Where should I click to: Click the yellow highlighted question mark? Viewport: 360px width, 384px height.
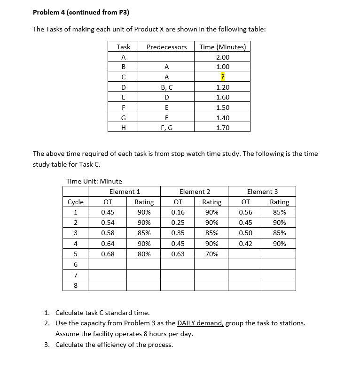223,77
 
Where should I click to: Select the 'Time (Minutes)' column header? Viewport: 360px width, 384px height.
222,47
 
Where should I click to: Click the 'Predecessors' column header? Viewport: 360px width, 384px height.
166,47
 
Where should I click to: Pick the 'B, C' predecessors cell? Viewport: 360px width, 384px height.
166,87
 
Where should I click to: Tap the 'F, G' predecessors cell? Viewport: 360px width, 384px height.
166,127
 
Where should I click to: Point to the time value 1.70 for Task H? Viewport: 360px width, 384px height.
223,127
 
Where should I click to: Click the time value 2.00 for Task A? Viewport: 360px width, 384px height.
223,57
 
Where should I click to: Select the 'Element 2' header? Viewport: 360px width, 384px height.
195,192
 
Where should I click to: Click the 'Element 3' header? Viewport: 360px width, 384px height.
262,192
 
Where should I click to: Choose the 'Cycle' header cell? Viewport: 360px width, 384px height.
76,202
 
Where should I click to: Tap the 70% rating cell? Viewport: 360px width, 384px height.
211,254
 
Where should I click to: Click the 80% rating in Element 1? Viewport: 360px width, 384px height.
144,254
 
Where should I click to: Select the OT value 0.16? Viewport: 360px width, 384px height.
178,212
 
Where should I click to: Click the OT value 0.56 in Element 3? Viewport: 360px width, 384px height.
245,212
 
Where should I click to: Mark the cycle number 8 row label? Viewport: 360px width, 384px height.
76,285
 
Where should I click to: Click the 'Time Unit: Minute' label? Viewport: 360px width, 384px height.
94,181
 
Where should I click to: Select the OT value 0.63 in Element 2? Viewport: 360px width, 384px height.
178,254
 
